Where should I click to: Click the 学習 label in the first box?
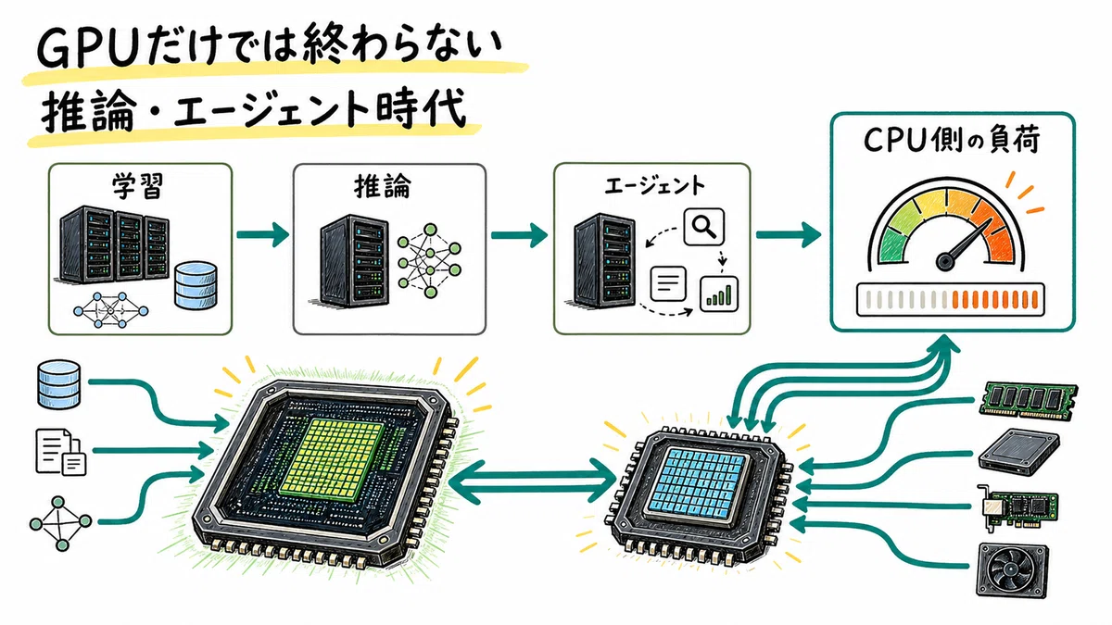[x=137, y=185]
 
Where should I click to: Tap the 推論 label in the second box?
[x=382, y=186]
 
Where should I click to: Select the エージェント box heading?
[x=654, y=185]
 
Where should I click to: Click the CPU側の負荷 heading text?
[x=952, y=141]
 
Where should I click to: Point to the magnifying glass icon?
[x=704, y=227]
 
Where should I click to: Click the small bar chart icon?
[x=719, y=294]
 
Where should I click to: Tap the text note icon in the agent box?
[x=668, y=283]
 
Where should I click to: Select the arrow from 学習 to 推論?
[x=262, y=234]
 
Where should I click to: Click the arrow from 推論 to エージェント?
[x=519, y=234]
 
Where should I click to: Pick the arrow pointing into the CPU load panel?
[x=789, y=234]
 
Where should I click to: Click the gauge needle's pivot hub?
[x=944, y=261]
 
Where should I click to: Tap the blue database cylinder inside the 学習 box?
[x=196, y=285]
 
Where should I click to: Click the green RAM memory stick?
[x=1029, y=401]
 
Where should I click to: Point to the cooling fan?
[x=1013, y=569]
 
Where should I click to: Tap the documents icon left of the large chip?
[x=60, y=452]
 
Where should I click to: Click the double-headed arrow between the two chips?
[x=533, y=481]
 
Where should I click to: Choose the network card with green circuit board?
[x=1017, y=507]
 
